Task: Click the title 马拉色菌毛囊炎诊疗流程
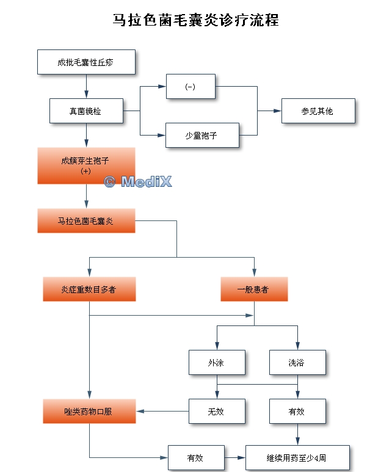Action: point(196,21)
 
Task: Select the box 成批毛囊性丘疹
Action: point(86,62)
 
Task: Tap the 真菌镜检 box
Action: point(86,111)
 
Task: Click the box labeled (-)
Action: point(190,87)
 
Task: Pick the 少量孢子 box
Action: point(202,136)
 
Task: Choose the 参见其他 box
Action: point(318,111)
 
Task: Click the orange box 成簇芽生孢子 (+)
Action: point(85,165)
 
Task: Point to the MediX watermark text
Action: point(138,181)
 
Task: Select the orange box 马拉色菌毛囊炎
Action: point(85,220)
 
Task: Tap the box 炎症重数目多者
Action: point(89,289)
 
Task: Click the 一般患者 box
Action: point(253,289)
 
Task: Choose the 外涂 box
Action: point(216,363)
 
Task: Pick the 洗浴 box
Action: point(297,363)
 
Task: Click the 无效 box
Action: point(216,411)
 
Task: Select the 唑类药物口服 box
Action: point(89,411)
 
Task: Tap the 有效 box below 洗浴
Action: point(297,411)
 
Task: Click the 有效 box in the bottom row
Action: point(195,457)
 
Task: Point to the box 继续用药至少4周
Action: point(297,457)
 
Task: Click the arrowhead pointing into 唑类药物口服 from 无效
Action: point(140,411)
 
